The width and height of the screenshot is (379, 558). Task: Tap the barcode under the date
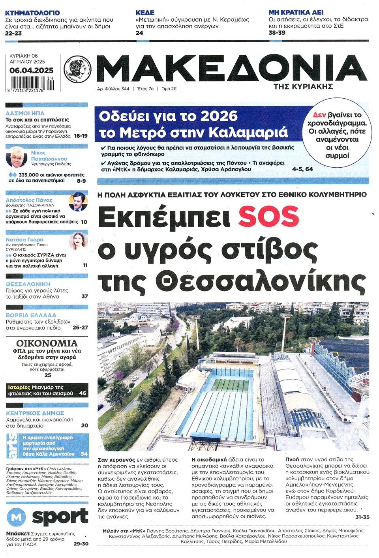click(32, 83)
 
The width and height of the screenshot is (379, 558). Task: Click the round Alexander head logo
click(77, 69)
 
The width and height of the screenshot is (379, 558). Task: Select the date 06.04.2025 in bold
click(32, 70)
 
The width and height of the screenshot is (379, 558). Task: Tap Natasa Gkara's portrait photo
click(78, 241)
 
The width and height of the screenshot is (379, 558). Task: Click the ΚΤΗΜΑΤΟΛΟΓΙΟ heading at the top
click(32, 13)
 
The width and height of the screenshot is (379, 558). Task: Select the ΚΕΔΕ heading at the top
click(145, 13)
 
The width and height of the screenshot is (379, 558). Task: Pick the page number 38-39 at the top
click(277, 33)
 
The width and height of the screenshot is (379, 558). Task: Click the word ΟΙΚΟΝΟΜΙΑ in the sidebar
click(47, 343)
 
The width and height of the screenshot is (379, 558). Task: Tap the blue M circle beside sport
click(17, 517)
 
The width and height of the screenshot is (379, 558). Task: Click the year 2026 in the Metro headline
click(219, 116)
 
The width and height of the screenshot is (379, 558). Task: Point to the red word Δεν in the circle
click(319, 115)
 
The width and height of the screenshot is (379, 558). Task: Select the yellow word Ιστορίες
click(19, 387)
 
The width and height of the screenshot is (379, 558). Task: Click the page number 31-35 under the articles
click(362, 517)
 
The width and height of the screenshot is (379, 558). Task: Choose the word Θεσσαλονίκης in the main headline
click(260, 282)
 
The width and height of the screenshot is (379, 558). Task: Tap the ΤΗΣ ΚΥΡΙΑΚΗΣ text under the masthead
click(303, 86)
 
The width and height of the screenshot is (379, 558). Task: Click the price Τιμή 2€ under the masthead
click(169, 89)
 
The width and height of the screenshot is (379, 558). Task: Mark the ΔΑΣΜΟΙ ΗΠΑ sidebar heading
click(25, 113)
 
